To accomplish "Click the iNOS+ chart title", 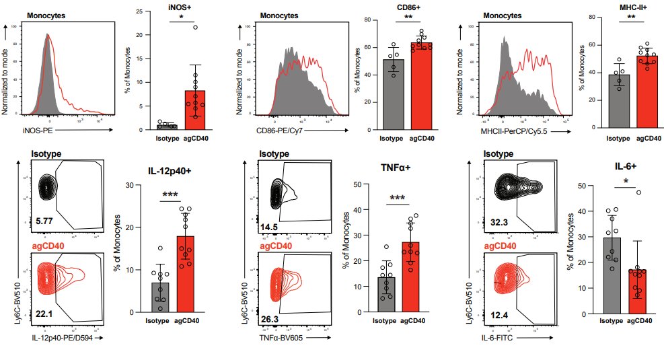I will pyautogui.click(x=178, y=7).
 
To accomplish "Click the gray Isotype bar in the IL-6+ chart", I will pyautogui.click(x=612, y=276).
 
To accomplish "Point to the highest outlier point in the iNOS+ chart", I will pyautogui.click(x=195, y=28).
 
